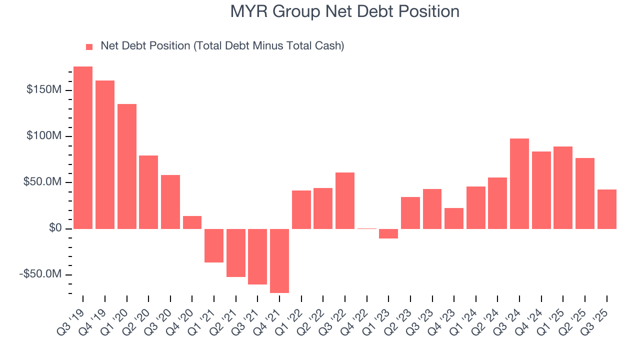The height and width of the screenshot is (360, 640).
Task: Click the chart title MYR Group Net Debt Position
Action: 344,11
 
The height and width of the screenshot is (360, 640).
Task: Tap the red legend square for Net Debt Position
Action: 89,47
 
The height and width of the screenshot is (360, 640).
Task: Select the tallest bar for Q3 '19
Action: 83,147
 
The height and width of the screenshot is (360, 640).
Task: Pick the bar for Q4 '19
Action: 105,154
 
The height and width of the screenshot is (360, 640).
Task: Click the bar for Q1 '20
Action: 127,166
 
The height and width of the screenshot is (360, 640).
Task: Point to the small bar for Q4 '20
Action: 192,222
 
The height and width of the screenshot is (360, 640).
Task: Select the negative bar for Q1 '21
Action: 214,245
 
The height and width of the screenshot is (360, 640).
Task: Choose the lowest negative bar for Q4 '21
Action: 279,260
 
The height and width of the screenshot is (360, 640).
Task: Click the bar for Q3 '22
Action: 345,200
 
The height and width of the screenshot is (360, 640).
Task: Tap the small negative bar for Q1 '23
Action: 388,233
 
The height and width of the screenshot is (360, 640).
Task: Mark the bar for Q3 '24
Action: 519,183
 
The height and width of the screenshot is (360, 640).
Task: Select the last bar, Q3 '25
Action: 607,209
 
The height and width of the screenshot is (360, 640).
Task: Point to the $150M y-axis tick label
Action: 44,90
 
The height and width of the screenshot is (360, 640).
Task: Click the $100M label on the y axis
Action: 44,136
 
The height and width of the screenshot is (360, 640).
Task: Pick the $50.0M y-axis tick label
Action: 42,182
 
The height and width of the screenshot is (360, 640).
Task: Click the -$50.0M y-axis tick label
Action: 40,274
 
